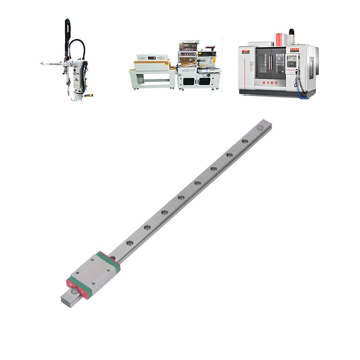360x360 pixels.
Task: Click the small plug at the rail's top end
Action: pos(260,129)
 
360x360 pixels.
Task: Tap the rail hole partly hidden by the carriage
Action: pos(112,258)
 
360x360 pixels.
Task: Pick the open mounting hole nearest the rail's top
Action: pos(245,141)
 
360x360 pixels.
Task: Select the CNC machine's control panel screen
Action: pos(293,58)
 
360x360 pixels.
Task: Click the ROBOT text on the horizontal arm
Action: pos(55,64)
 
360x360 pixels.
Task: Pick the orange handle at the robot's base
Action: pos(89,95)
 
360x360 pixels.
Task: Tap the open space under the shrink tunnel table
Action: pos(153,81)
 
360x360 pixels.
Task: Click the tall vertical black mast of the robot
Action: pos(67,36)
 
